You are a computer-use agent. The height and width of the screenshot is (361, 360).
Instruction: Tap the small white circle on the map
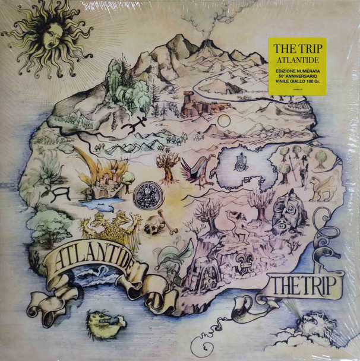tap(224, 121)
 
